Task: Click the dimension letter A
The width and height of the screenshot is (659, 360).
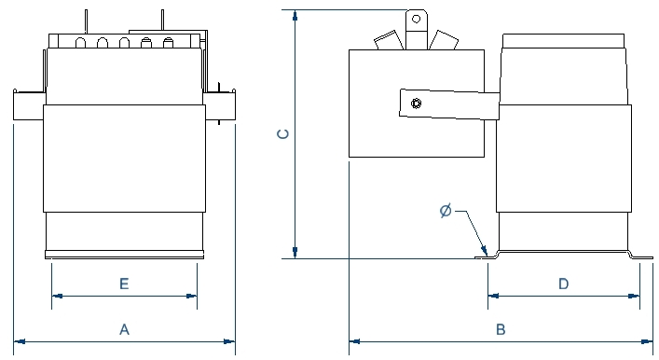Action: (124, 329)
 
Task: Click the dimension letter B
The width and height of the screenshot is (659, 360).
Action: (501, 329)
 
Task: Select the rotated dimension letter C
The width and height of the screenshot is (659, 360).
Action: (283, 133)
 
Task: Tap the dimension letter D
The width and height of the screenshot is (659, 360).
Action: (564, 284)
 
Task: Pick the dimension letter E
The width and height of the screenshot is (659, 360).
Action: (124, 284)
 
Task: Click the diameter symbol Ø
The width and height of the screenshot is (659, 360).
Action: (446, 210)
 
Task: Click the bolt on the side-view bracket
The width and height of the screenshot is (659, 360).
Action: (416, 103)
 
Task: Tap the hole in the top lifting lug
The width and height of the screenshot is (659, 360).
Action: (416, 19)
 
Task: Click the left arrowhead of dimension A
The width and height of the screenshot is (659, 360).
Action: (20, 341)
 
